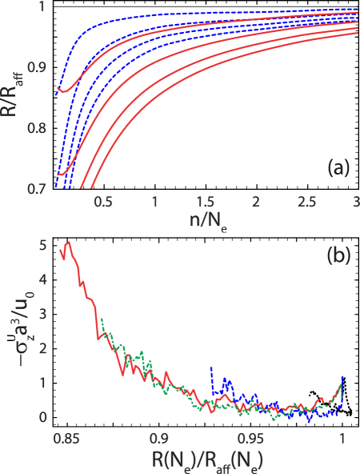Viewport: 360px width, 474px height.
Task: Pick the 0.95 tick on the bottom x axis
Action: [251, 439]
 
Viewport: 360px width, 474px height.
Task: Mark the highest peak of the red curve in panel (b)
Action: [70, 241]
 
